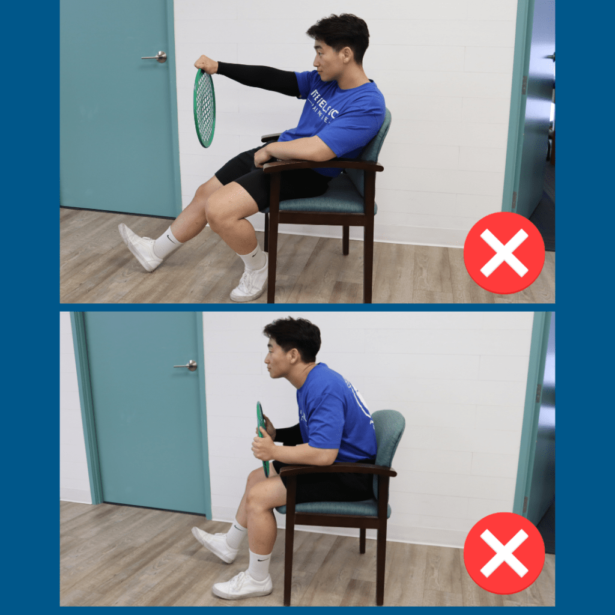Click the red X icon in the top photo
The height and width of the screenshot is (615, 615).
(504, 252)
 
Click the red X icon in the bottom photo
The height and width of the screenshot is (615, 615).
(504, 553)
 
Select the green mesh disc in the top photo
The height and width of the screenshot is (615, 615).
(204, 108)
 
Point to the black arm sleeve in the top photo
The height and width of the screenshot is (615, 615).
(258, 77)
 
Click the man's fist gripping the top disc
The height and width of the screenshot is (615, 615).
(206, 64)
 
